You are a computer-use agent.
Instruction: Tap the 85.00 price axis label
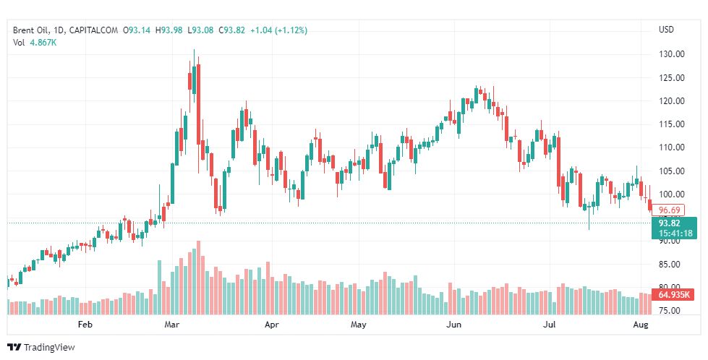673,265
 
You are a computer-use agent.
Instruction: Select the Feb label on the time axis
85,325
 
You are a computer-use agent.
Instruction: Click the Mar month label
172,325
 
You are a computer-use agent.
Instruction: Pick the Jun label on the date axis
453,325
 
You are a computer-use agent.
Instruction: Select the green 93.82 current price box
673,223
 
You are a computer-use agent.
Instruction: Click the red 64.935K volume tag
675,294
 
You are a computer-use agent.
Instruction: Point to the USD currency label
666,30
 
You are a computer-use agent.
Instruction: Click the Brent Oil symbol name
33,30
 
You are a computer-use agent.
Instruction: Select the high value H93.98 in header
171,30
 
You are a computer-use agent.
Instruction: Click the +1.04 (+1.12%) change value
278,30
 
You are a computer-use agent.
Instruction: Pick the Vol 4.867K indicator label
35,43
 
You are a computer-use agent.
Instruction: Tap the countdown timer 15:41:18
674,233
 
